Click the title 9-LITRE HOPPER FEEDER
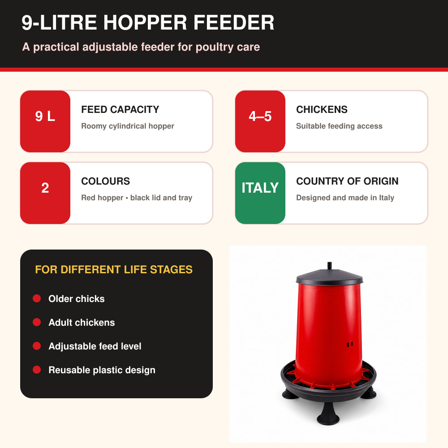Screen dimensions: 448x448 pyautogui.click(x=148, y=22)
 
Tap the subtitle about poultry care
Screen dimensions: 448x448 pyautogui.click(x=141, y=47)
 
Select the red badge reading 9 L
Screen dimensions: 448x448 pyautogui.click(x=45, y=121)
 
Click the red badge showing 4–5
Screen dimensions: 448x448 pyautogui.click(x=260, y=121)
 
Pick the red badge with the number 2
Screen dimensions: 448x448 pyautogui.click(x=45, y=193)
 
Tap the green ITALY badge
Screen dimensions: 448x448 pyautogui.click(x=260, y=193)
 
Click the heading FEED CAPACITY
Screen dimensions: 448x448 pyautogui.click(x=120, y=109)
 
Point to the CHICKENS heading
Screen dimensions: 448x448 pyautogui.click(x=322, y=109)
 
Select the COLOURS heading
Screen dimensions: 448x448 pyautogui.click(x=105, y=181)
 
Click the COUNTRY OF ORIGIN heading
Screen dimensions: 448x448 pyautogui.click(x=347, y=181)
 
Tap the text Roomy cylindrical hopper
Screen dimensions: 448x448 pyautogui.click(x=128, y=126)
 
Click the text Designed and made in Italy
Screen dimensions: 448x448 pyautogui.click(x=345, y=198)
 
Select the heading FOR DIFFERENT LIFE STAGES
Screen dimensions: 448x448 pyautogui.click(x=114, y=269)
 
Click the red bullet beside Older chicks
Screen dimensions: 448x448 pyautogui.click(x=37, y=298)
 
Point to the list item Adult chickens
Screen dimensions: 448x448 pyautogui.click(x=82, y=322)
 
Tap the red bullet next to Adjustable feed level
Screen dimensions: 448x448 pyautogui.click(x=37, y=346)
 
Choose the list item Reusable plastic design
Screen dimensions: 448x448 pyautogui.click(x=102, y=370)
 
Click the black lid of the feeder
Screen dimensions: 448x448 pyautogui.click(x=329, y=277)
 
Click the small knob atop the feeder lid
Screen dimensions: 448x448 pyautogui.click(x=329, y=266)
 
